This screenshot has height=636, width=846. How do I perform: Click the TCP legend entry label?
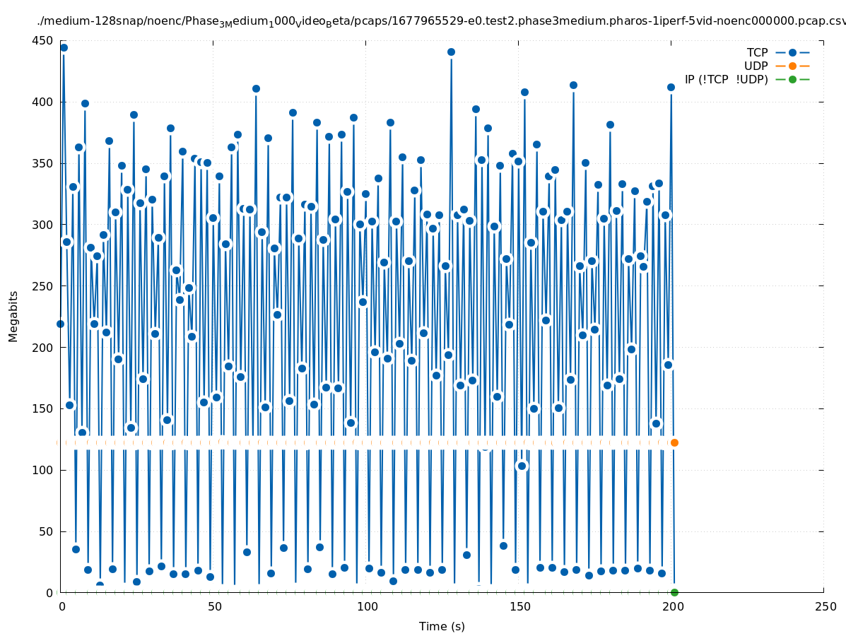(x=757, y=52)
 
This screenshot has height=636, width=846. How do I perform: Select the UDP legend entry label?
(x=756, y=66)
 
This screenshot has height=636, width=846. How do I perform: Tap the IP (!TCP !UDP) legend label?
(x=727, y=79)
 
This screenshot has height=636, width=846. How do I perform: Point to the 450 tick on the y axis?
(x=43, y=40)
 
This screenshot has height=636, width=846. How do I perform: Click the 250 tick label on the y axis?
(x=43, y=286)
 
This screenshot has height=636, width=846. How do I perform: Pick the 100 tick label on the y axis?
(x=43, y=470)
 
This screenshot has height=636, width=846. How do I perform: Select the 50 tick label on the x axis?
(x=214, y=606)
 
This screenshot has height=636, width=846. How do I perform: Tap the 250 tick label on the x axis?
(x=824, y=606)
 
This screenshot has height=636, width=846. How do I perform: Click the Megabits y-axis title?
(x=13, y=316)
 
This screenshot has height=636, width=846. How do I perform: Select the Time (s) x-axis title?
(x=442, y=626)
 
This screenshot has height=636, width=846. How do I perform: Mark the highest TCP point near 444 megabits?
(x=64, y=47)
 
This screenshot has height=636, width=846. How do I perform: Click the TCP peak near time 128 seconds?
(x=451, y=52)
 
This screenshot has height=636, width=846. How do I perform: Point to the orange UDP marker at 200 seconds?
(x=674, y=442)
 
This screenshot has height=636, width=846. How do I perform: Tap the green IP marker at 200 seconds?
(x=674, y=592)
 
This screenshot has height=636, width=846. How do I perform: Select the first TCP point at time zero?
(x=60, y=324)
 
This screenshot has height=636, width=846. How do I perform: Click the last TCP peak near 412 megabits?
(x=671, y=87)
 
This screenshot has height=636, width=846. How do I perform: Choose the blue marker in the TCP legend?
(x=792, y=52)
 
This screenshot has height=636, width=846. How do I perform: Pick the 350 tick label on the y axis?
(x=43, y=163)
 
